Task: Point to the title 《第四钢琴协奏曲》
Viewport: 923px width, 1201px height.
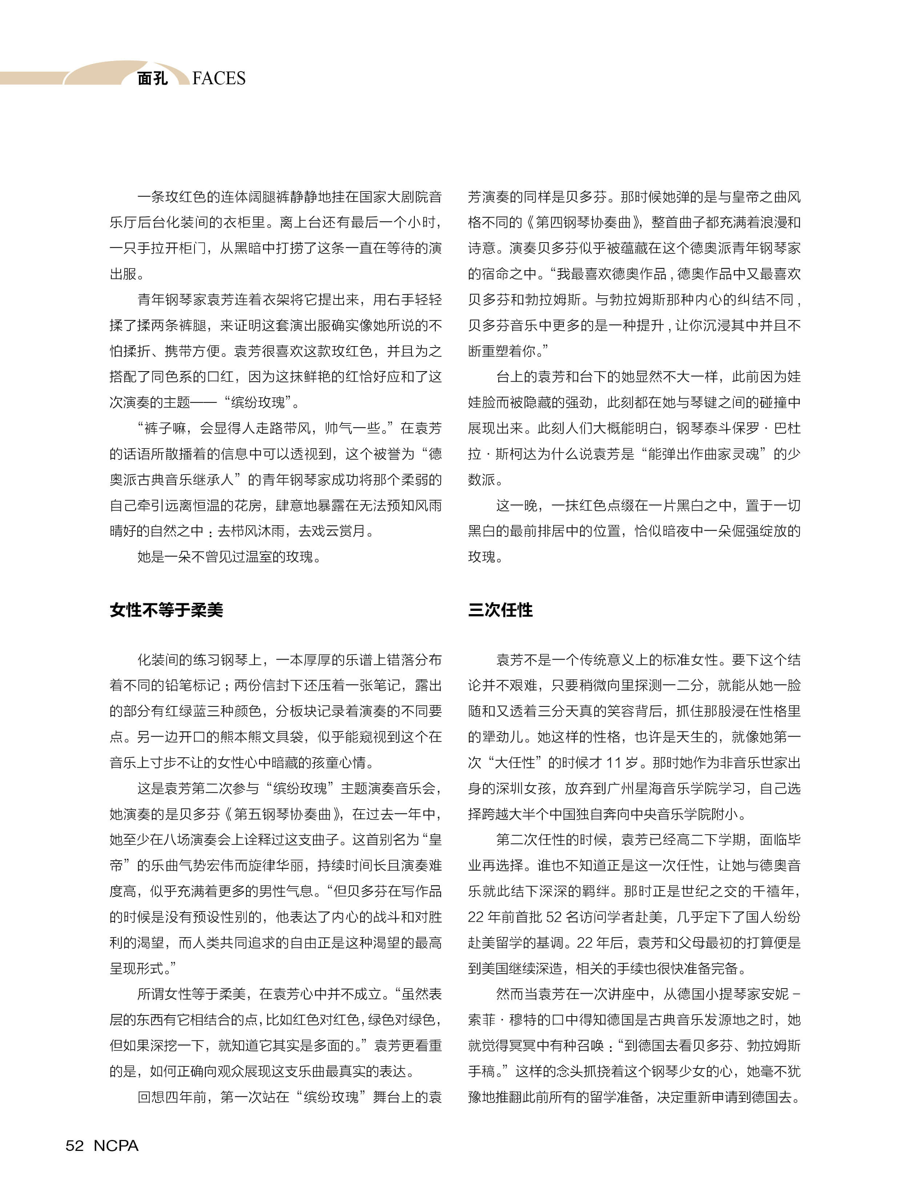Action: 585,222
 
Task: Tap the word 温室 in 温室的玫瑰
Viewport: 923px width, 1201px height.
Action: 260,557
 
